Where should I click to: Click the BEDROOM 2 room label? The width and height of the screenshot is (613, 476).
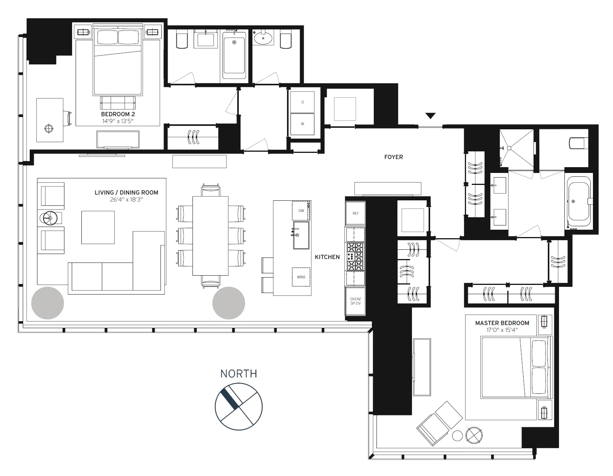pyautogui.click(x=118, y=114)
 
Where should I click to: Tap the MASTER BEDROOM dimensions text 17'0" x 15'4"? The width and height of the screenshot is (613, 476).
pyautogui.click(x=502, y=330)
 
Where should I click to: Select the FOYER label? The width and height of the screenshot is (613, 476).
pyautogui.click(x=393, y=157)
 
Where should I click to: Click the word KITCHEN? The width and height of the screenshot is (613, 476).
pyautogui.click(x=327, y=257)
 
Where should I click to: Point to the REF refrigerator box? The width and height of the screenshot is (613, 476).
pyautogui.click(x=355, y=213)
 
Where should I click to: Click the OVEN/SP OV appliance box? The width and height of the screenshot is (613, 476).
pyautogui.click(x=355, y=301)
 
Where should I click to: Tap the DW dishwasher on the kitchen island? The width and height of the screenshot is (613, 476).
pyautogui.click(x=301, y=211)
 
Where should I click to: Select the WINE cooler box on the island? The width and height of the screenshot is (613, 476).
pyautogui.click(x=301, y=277)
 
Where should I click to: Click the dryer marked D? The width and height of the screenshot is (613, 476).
pyautogui.click(x=302, y=102)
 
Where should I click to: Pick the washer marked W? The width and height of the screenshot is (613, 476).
pyautogui.click(x=302, y=124)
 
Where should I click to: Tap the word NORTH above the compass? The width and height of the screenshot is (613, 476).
pyautogui.click(x=238, y=374)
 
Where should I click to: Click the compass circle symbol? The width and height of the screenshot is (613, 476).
pyautogui.click(x=238, y=407)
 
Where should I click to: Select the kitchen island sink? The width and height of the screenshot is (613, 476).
pyautogui.click(x=301, y=235)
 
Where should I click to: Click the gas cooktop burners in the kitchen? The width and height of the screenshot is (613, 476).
pyautogui.click(x=355, y=257)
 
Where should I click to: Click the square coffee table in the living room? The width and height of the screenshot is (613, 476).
pyautogui.click(x=98, y=227)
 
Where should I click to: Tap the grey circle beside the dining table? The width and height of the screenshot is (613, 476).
pyautogui.click(x=228, y=303)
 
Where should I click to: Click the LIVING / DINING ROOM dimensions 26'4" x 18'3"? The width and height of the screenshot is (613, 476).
pyautogui.click(x=126, y=200)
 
